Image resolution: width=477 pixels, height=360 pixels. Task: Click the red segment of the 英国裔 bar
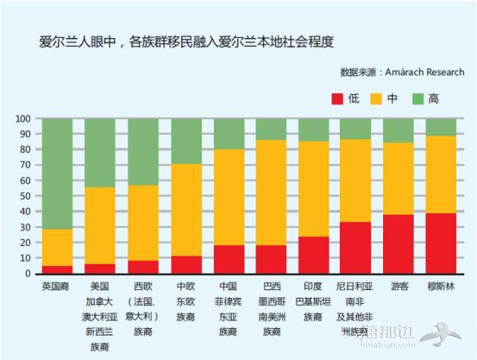pyautogui.click(x=57, y=269)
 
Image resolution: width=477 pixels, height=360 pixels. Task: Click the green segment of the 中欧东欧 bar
pyautogui.click(x=186, y=141)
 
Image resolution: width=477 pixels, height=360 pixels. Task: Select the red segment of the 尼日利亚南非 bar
pyautogui.click(x=356, y=247)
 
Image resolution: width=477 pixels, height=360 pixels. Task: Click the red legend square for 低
pyautogui.click(x=337, y=98)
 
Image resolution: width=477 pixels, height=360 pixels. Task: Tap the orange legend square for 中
pyautogui.click(x=378, y=98)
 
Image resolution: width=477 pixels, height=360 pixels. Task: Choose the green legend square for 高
pyautogui.click(x=418, y=98)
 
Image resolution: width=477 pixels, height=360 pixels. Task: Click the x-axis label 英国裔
pyautogui.click(x=57, y=285)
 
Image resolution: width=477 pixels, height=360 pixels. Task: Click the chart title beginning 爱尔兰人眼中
pyautogui.click(x=186, y=42)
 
